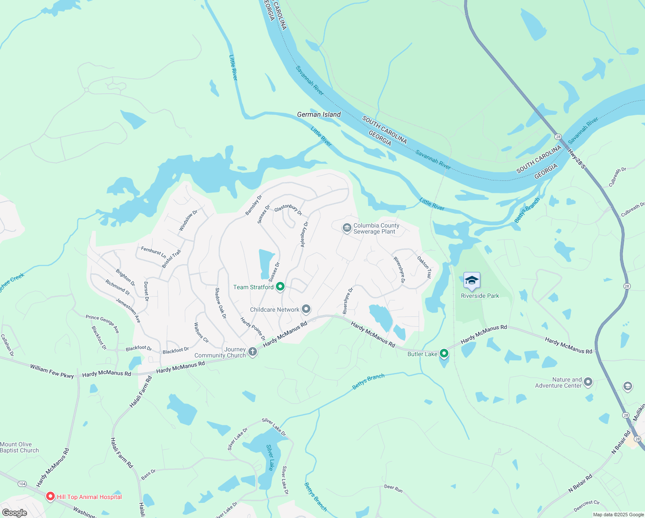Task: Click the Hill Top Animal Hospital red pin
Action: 50,497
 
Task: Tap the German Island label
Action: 319,114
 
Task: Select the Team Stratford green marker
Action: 280,287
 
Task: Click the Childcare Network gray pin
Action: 306,309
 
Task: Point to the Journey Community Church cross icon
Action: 253,352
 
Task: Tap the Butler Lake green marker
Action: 444,354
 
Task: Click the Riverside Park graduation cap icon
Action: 472,281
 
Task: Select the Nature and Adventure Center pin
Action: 588,382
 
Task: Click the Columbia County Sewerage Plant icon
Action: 347,228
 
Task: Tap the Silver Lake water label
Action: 270,458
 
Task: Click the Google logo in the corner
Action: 14,513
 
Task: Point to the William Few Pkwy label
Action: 52,371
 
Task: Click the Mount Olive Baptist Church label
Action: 19,447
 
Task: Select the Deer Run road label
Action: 393,488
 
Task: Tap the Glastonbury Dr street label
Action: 288,210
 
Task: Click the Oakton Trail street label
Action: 424,267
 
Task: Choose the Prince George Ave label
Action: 102,323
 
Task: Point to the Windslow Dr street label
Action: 188,220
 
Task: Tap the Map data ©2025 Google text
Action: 618,515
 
